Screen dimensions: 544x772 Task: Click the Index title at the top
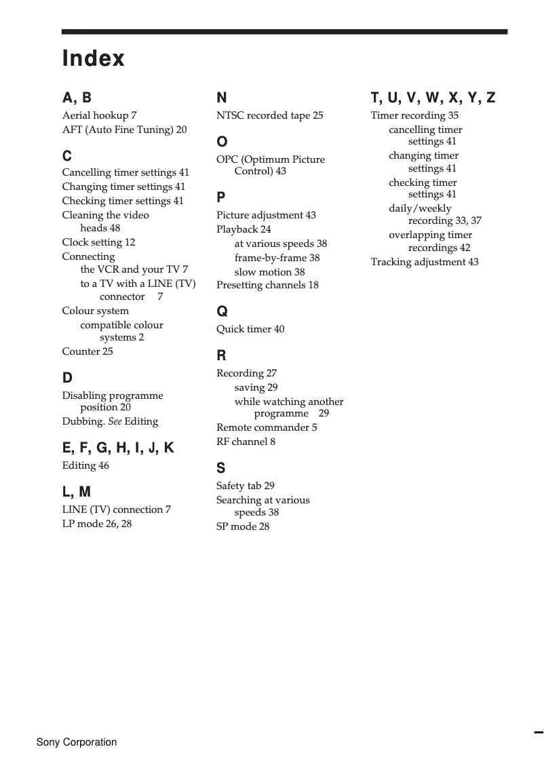coord(94,58)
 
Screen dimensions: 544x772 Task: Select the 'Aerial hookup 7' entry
coord(99,115)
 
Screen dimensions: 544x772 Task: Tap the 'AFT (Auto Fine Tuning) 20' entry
coord(124,130)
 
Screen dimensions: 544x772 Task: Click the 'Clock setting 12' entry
coord(98,242)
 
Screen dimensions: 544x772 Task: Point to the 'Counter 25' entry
coord(88,351)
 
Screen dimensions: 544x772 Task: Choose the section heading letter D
coord(67,378)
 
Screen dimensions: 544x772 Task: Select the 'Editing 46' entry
coord(85,465)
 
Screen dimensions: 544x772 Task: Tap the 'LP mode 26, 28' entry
coord(97,524)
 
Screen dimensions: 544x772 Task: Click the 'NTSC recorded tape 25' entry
coord(269,115)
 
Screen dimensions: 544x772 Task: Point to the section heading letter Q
coord(222,311)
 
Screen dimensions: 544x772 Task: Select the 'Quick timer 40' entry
coord(250,329)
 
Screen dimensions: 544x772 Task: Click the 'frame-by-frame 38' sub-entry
coord(277,258)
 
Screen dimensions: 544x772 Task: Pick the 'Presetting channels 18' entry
coord(267,285)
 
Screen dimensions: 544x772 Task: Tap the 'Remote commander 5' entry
coord(267,427)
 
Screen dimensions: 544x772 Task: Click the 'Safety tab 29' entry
coord(245,486)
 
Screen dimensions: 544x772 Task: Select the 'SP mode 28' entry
coord(243,526)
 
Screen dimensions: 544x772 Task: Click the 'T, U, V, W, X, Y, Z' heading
coord(433,98)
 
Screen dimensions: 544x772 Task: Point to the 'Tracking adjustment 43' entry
coord(424,262)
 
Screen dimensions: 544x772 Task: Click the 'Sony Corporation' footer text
coord(77,742)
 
